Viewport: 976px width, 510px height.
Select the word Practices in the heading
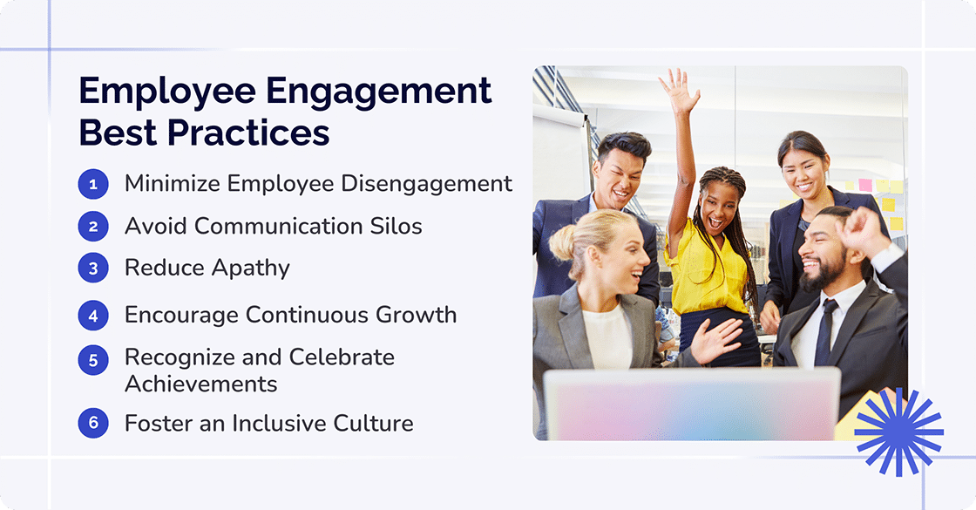point(249,133)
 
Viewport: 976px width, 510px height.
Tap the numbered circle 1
point(93,184)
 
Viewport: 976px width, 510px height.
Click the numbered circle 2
point(93,227)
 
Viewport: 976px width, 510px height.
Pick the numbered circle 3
point(93,269)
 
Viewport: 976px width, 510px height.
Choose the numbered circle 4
point(93,315)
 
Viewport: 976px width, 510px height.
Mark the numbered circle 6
point(93,425)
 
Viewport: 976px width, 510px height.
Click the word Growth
point(420,315)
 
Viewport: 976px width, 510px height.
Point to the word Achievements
point(200,384)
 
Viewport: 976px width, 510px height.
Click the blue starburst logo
point(898,432)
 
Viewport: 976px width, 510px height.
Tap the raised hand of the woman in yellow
point(678,92)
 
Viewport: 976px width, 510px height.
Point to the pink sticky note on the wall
point(865,185)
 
